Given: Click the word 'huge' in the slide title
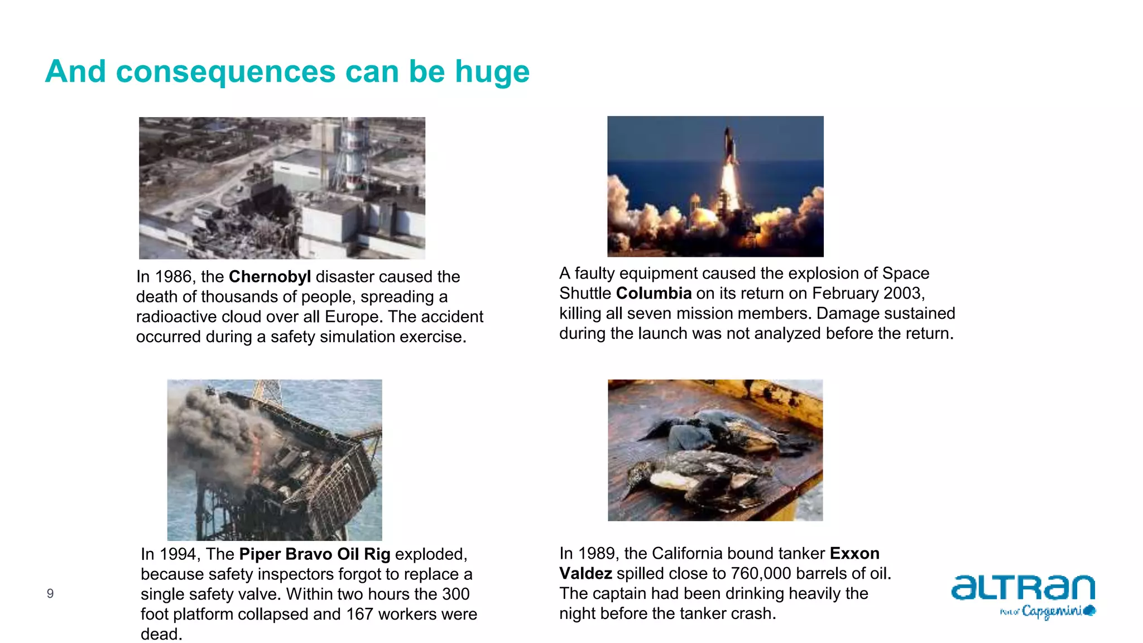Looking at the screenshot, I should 492,72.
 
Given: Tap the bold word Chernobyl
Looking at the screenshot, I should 270,277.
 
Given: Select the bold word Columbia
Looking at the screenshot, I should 654,294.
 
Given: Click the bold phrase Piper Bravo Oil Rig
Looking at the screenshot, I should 314,554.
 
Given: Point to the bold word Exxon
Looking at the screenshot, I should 854,554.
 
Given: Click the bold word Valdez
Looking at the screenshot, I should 585,574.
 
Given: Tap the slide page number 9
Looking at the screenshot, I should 50,594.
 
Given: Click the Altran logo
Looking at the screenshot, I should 1022,588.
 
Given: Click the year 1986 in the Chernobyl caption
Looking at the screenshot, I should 173,277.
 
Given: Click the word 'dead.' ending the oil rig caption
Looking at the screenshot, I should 161,635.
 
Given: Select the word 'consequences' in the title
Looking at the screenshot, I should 226,72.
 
